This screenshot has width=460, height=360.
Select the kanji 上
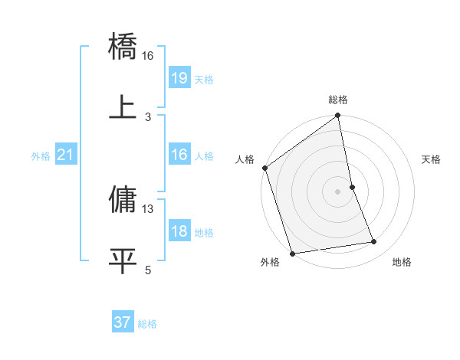tap(123, 108)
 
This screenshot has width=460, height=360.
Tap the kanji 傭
tap(123, 200)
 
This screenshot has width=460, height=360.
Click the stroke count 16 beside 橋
tap(148, 55)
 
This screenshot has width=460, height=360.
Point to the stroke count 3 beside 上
tap(148, 116)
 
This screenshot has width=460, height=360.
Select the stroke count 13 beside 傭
tap(148, 208)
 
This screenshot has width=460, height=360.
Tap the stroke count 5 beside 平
tap(148, 270)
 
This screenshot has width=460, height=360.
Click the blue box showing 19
tap(179, 78)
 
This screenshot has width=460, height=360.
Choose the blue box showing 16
tap(179, 155)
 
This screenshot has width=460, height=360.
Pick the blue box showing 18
tap(179, 231)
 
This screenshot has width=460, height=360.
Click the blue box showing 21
tap(66, 155)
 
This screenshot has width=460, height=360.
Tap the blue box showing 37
tap(123, 322)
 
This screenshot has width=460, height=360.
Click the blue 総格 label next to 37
tap(147, 324)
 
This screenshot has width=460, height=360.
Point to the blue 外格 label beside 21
tap(41, 156)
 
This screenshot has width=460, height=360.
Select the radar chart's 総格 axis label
tap(338, 100)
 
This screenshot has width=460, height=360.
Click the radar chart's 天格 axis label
tap(431, 159)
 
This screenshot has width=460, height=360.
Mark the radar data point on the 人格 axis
tap(264, 168)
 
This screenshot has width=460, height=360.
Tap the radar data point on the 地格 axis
tap(374, 242)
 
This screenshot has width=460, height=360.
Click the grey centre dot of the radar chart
tap(338, 191)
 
